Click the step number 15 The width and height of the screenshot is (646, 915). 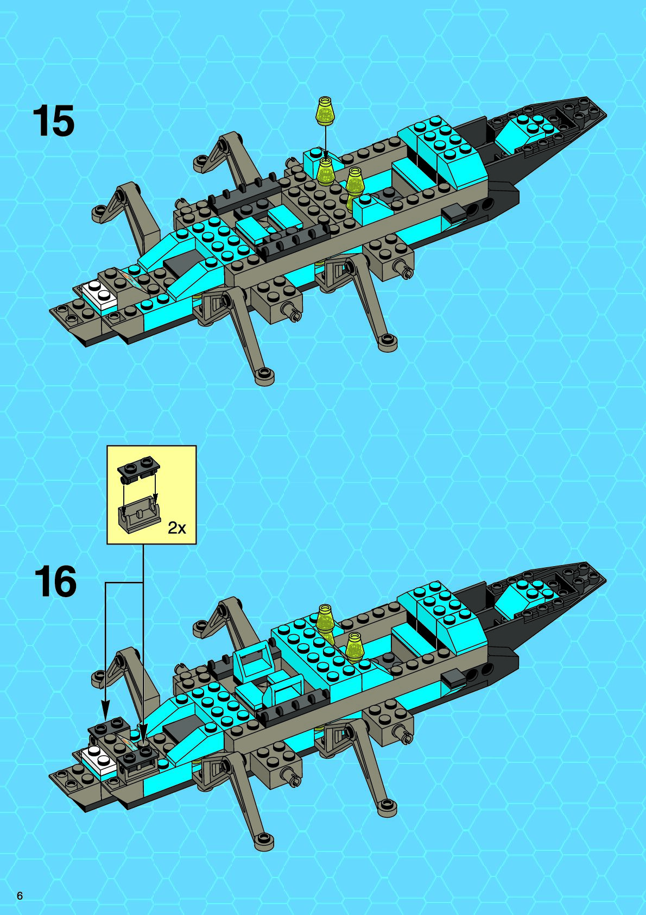pos(54,121)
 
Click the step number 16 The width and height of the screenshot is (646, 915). pos(55,582)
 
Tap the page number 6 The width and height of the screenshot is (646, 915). pos(20,896)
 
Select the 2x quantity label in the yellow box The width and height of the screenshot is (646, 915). pos(176,527)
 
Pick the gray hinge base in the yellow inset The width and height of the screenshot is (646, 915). pos(140,514)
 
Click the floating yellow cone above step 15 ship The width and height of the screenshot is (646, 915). pos(325,110)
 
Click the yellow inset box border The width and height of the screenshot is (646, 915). pos(151,447)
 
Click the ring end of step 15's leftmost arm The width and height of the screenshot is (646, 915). pos(99,212)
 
